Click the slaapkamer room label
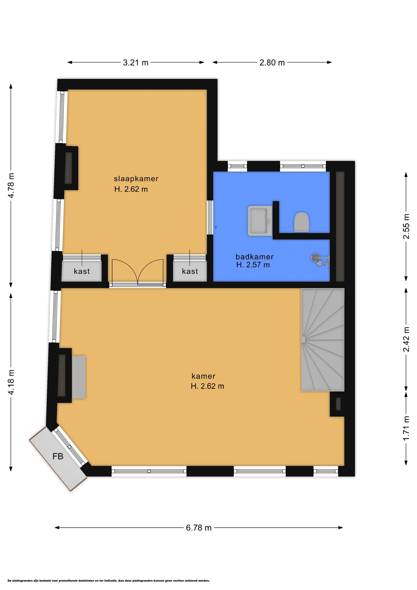pyautogui.click(x=136, y=179)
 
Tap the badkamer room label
pyautogui.click(x=255, y=256)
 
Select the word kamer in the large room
pyautogui.click(x=204, y=376)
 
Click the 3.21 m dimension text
pyautogui.click(x=136, y=63)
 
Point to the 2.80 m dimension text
pyautogui.click(x=272, y=63)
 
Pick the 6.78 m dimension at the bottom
pyautogui.click(x=199, y=528)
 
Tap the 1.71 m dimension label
pyautogui.click(x=406, y=428)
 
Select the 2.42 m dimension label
pyautogui.click(x=406, y=339)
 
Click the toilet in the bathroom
pyautogui.click(x=302, y=222)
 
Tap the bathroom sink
pyautogui.click(x=260, y=221)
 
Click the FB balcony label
pyautogui.click(x=58, y=456)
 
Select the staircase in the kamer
pyautogui.click(x=323, y=340)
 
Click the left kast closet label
pyautogui.click(x=82, y=271)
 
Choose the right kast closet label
pyautogui.click(x=190, y=271)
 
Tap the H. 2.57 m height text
pyautogui.click(x=253, y=265)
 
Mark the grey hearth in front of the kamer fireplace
pyautogui.click(x=79, y=377)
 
